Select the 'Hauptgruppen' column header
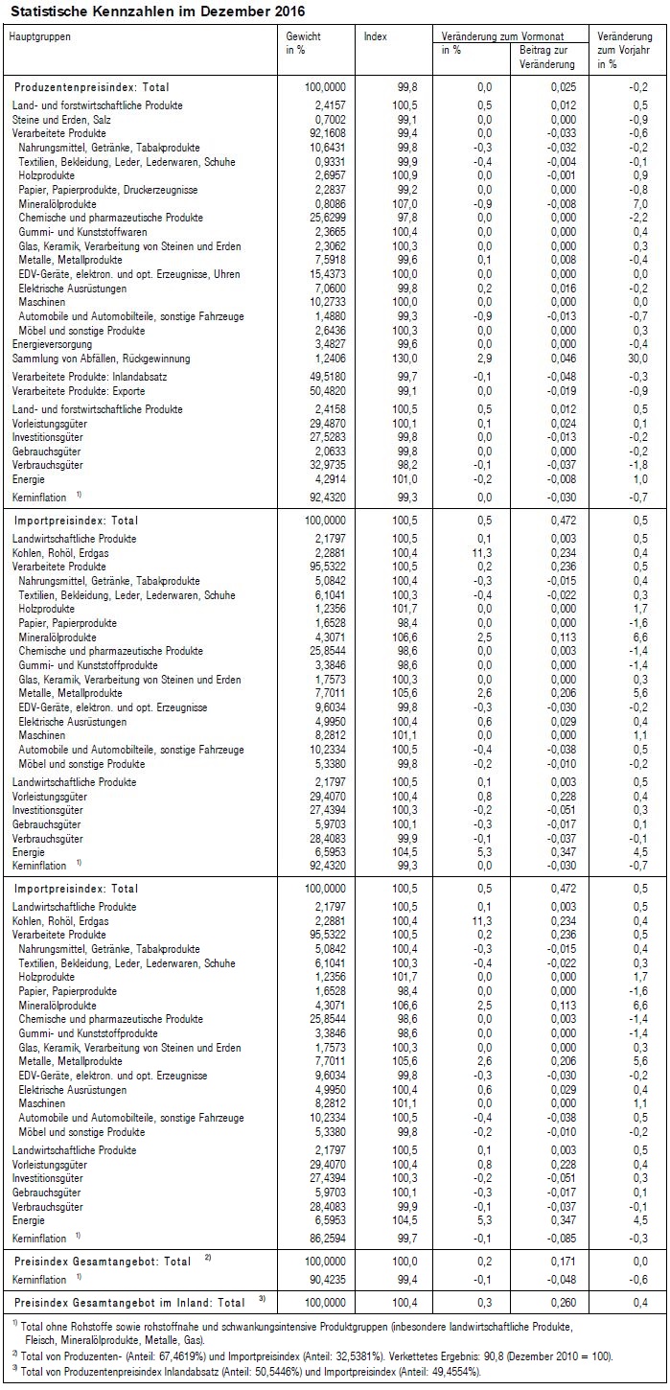point(39,36)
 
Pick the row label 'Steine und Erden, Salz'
point(58,118)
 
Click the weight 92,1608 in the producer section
point(323,132)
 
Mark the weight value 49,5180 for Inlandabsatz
point(323,377)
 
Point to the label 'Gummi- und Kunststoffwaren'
point(81,231)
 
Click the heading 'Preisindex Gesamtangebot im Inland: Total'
point(129,1303)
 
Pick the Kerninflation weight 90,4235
point(323,1280)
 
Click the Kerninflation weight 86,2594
point(323,1239)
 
